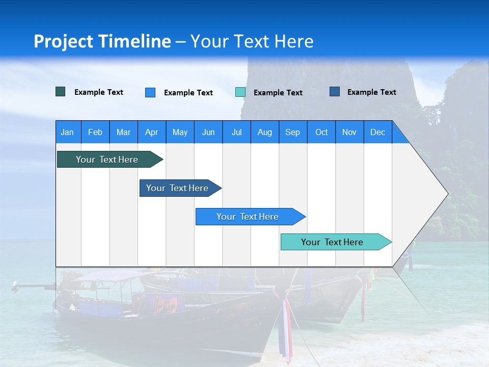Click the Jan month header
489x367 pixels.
point(67,133)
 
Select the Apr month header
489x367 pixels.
point(152,133)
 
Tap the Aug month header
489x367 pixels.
point(265,133)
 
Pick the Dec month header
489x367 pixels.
point(378,133)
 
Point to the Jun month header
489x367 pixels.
point(208,133)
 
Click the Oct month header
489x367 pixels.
point(321,133)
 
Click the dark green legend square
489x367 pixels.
point(61,92)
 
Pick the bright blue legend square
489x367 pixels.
point(150,92)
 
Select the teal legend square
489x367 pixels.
point(240,92)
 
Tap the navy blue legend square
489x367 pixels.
point(335,92)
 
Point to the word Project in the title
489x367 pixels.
point(64,41)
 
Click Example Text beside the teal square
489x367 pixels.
point(278,93)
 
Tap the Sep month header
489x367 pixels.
point(293,133)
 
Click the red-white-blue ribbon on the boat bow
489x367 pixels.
point(286,326)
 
